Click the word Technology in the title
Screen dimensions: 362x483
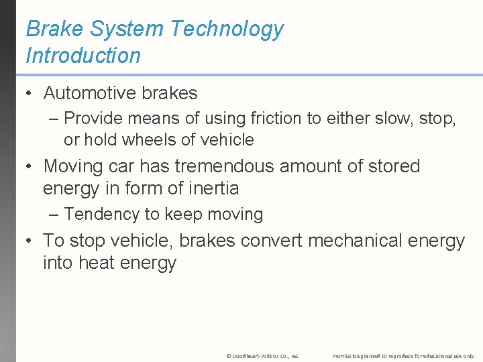coord(227,29)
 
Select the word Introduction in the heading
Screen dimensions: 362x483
coord(83,56)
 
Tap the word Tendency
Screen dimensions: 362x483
coord(99,215)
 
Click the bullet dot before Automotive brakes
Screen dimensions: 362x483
coord(30,93)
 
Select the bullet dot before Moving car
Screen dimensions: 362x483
coord(30,166)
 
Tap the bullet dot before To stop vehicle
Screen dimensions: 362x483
coord(30,240)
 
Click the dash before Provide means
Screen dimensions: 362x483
coord(54,119)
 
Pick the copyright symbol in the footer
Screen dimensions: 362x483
coord(229,355)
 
